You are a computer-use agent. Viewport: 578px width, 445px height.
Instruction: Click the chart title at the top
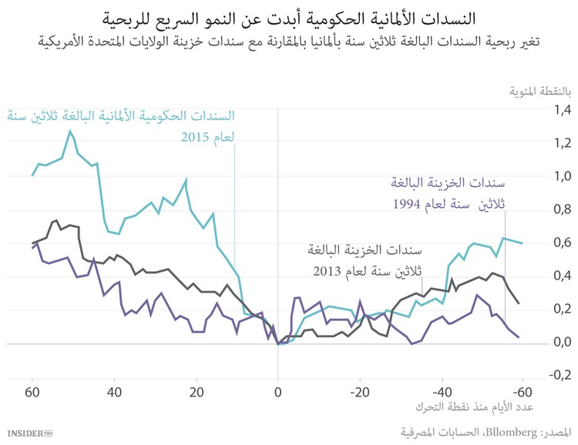pyautogui.click(x=289, y=16)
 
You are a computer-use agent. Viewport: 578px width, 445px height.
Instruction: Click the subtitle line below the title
pyautogui.click(x=289, y=39)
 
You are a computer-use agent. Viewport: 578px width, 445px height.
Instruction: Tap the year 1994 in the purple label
pyautogui.click(x=408, y=205)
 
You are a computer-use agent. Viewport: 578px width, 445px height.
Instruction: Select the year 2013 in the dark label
pyautogui.click(x=330, y=272)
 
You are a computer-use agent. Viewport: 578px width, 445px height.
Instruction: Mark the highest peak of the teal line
pyautogui.click(x=70, y=131)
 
